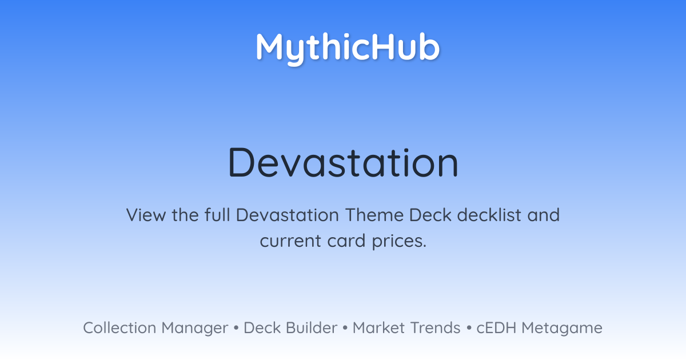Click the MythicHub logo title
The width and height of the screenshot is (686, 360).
click(348, 49)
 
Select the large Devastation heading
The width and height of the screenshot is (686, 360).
click(343, 162)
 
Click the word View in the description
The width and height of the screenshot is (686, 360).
click(146, 215)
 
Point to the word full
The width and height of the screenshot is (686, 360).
click(217, 215)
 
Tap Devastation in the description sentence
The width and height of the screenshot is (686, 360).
click(287, 215)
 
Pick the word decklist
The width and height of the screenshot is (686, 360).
click(489, 215)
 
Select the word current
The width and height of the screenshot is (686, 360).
click(290, 241)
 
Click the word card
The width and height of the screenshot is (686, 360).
click(346, 241)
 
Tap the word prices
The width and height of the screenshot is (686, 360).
click(399, 241)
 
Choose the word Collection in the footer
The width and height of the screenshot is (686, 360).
click(119, 328)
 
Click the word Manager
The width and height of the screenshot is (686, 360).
click(195, 329)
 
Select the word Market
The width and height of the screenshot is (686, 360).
click(378, 328)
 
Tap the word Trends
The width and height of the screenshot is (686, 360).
click(435, 328)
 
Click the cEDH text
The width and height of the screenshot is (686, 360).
click(496, 328)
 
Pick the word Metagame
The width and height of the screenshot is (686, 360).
click(562, 329)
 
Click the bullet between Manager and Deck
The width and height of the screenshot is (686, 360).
click(236, 328)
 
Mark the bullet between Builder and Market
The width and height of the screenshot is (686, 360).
click(345, 328)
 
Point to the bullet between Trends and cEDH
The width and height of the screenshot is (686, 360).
click(469, 328)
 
